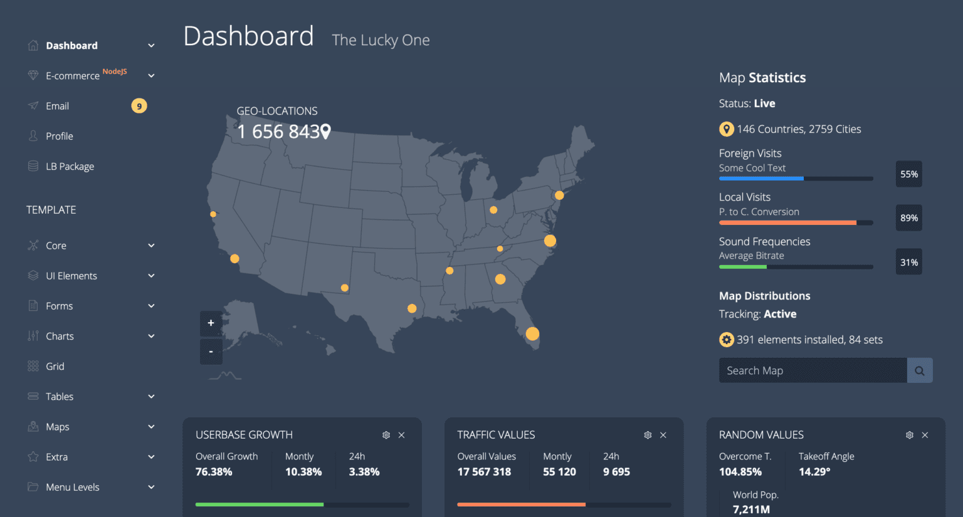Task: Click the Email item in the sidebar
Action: pyautogui.click(x=57, y=106)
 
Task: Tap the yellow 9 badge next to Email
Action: pyautogui.click(x=139, y=106)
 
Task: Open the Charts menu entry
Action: pyautogui.click(x=60, y=336)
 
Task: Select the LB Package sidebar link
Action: pyautogui.click(x=70, y=166)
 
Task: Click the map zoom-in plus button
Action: pyautogui.click(x=211, y=323)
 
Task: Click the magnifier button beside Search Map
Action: pyautogui.click(x=919, y=370)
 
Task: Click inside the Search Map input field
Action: pyautogui.click(x=812, y=370)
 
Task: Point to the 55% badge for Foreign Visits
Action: pyautogui.click(x=908, y=174)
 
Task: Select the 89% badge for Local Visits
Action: pyautogui.click(x=908, y=218)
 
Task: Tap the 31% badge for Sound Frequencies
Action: pyautogui.click(x=908, y=263)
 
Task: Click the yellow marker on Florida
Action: pyautogui.click(x=532, y=333)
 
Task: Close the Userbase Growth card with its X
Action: pyautogui.click(x=401, y=435)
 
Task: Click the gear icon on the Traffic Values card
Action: pyautogui.click(x=648, y=435)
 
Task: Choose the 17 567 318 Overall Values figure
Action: pyautogui.click(x=484, y=472)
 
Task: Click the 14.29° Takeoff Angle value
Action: pyautogui.click(x=814, y=472)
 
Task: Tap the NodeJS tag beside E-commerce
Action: pyautogui.click(x=115, y=71)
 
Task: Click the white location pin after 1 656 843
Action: pyautogui.click(x=325, y=132)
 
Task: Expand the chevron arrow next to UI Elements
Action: pyautogui.click(x=151, y=276)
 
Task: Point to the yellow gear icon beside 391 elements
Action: pyautogui.click(x=726, y=340)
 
